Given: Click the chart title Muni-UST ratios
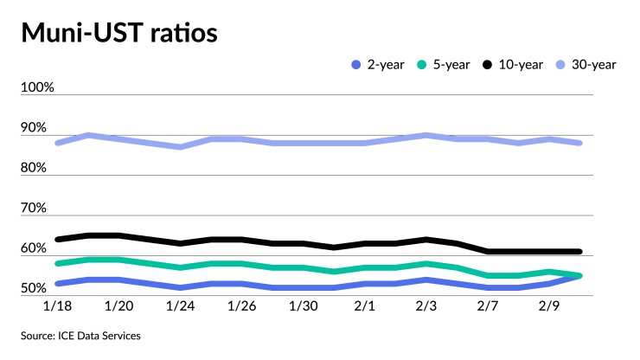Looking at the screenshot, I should [118, 34].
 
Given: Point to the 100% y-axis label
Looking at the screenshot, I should [38, 88].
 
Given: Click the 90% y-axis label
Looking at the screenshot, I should [35, 128].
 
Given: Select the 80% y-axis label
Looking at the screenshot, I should [35, 168].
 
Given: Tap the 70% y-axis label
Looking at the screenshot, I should [35, 209].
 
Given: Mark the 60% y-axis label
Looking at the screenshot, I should [35, 248].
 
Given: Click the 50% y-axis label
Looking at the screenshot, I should [35, 288].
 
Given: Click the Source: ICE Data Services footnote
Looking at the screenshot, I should [82, 335].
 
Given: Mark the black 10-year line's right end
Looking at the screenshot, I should [579, 252].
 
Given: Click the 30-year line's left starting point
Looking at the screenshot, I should [57, 143].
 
